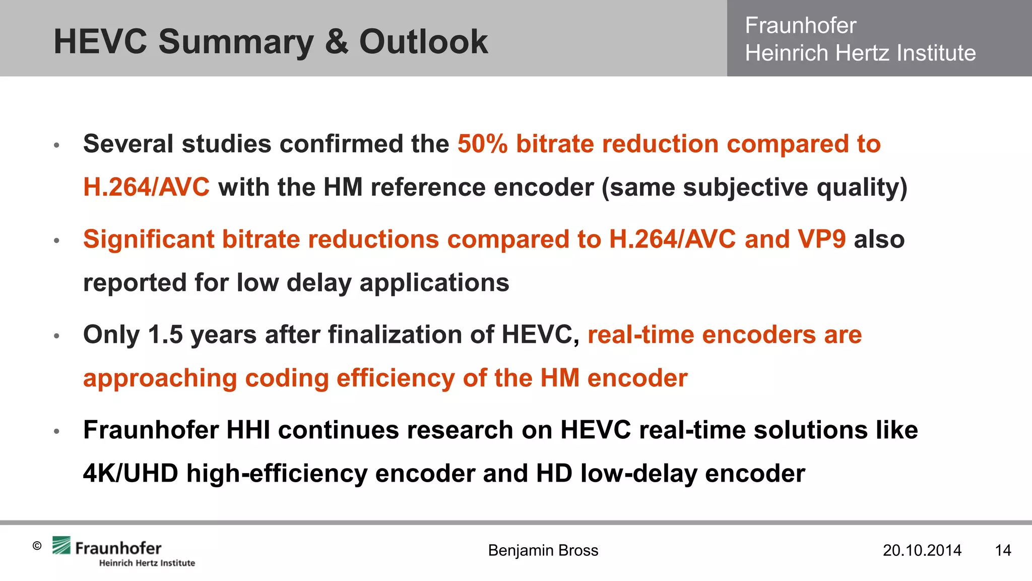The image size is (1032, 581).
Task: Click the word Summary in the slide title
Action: point(236,42)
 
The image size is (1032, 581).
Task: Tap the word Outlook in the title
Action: point(423,41)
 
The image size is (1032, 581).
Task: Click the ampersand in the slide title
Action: point(336,41)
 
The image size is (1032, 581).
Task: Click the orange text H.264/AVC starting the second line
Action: point(146,188)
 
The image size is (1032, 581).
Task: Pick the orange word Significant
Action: point(149,239)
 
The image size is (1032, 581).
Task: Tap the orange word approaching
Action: point(160,378)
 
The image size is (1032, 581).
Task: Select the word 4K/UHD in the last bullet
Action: point(131,474)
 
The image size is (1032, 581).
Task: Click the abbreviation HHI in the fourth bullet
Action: point(248,430)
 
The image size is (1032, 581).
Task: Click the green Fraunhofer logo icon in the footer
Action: point(61,546)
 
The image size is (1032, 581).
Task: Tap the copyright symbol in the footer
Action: point(37,546)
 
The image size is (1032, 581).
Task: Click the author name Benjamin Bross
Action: point(543,550)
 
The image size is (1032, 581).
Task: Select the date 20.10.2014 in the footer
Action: point(922,550)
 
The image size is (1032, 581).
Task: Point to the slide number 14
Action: point(1003,550)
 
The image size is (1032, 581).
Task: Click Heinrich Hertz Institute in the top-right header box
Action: point(860,53)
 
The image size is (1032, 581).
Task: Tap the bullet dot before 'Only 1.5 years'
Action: point(57,336)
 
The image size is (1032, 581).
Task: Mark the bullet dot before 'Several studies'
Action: point(57,145)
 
